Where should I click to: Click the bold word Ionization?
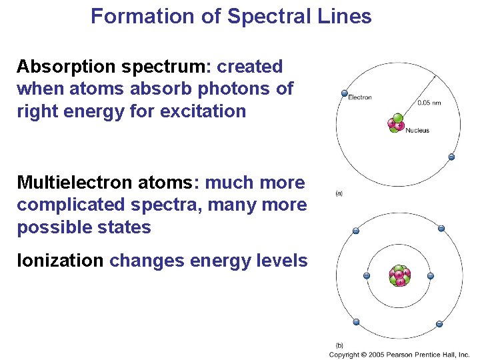[60, 261]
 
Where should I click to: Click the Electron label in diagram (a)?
[360, 98]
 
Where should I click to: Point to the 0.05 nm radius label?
[429, 103]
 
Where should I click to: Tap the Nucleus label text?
[417, 131]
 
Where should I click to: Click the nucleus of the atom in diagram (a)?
[396, 125]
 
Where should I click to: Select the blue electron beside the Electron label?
[344, 93]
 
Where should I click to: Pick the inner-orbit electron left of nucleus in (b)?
[366, 276]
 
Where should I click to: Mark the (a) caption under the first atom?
[339, 194]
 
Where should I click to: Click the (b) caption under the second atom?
[339, 345]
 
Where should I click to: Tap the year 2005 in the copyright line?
[376, 355]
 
